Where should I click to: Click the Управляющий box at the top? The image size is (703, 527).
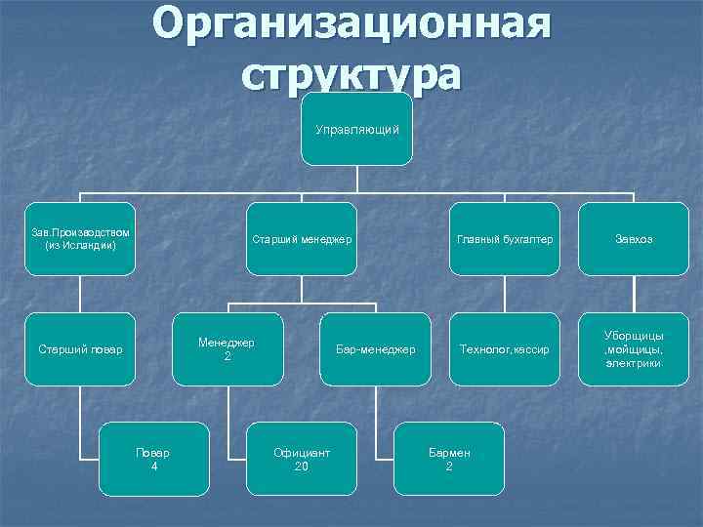(x=356, y=130)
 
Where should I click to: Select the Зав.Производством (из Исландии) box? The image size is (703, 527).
(x=81, y=239)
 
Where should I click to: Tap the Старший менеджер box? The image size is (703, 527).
(x=302, y=239)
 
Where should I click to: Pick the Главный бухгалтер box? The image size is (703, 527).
(x=504, y=239)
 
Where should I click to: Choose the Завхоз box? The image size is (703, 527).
(x=634, y=239)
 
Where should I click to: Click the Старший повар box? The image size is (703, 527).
(x=81, y=348)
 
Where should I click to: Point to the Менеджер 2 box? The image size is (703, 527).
(x=227, y=348)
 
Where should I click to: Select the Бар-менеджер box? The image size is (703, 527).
(x=376, y=348)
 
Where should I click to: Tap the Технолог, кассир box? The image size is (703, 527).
(x=504, y=348)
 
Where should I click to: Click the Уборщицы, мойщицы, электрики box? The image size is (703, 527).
(x=634, y=348)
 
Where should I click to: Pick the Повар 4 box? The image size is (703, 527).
(x=154, y=459)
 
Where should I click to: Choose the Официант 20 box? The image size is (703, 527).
(x=302, y=459)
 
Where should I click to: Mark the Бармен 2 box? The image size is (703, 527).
(x=449, y=459)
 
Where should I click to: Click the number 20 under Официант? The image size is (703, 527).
(x=302, y=466)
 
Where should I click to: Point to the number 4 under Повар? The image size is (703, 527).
(x=154, y=466)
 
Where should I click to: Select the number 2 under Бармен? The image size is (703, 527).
(x=449, y=466)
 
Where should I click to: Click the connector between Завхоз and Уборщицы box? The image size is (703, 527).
(x=634, y=294)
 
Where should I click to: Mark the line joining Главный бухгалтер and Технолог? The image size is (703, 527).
(x=504, y=294)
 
